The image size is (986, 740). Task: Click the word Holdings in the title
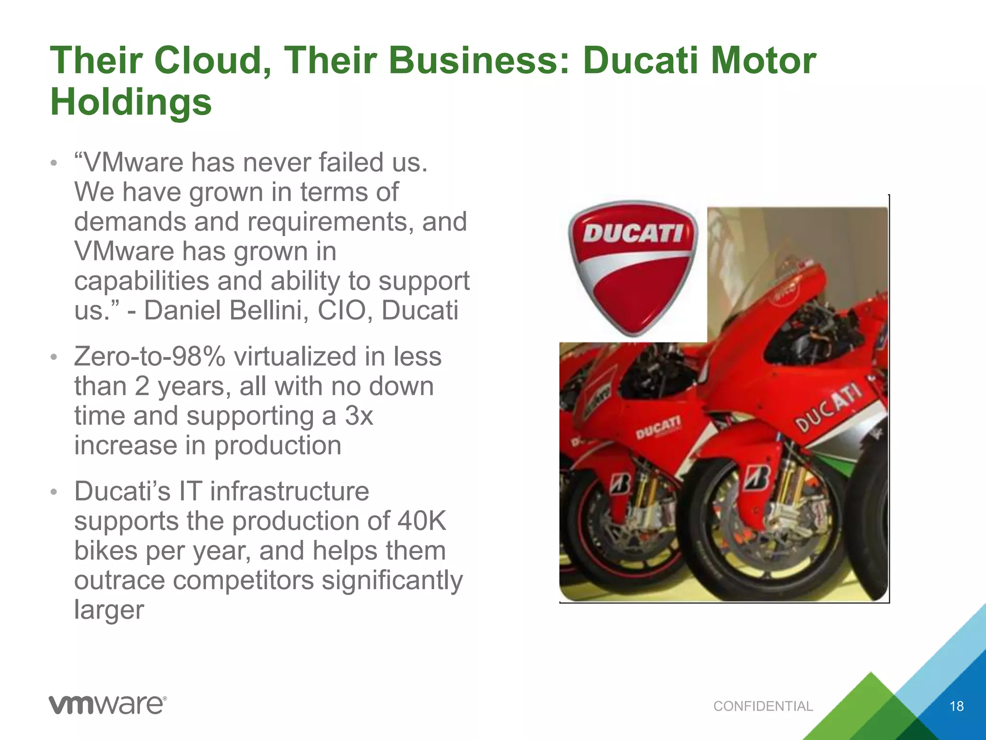click(x=131, y=102)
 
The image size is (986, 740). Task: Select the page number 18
click(x=956, y=706)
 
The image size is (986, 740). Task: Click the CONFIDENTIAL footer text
click(x=763, y=706)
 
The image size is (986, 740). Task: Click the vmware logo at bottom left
click(x=108, y=705)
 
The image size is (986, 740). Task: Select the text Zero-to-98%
click(x=150, y=357)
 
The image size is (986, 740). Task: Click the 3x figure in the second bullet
click(x=359, y=416)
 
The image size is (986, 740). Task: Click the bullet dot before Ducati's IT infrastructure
click(x=54, y=492)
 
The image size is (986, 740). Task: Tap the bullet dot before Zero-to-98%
click(x=54, y=357)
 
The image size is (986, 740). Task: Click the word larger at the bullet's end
click(x=109, y=610)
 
